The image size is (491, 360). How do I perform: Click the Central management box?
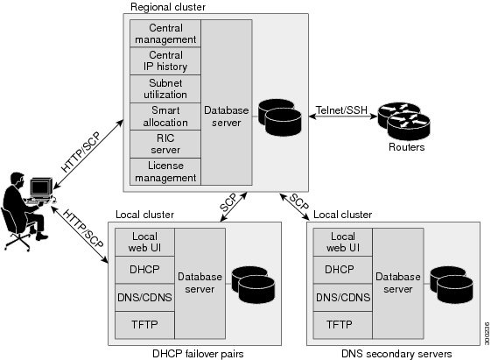click(x=165, y=33)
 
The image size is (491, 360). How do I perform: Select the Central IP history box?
click(x=165, y=60)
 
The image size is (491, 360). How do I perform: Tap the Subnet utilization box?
click(x=165, y=88)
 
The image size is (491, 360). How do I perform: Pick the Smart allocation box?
click(x=165, y=116)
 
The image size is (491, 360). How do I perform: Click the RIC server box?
click(x=165, y=145)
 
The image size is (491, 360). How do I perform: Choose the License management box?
click(x=165, y=172)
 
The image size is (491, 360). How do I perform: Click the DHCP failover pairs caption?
click(x=198, y=352)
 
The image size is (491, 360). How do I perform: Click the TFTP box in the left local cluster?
click(x=144, y=324)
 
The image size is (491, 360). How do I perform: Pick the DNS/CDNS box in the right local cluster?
click(x=340, y=297)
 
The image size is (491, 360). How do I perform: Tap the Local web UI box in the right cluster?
click(x=340, y=243)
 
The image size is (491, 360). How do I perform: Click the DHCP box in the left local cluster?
click(x=144, y=270)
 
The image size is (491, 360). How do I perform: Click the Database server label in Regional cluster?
click(x=227, y=116)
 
